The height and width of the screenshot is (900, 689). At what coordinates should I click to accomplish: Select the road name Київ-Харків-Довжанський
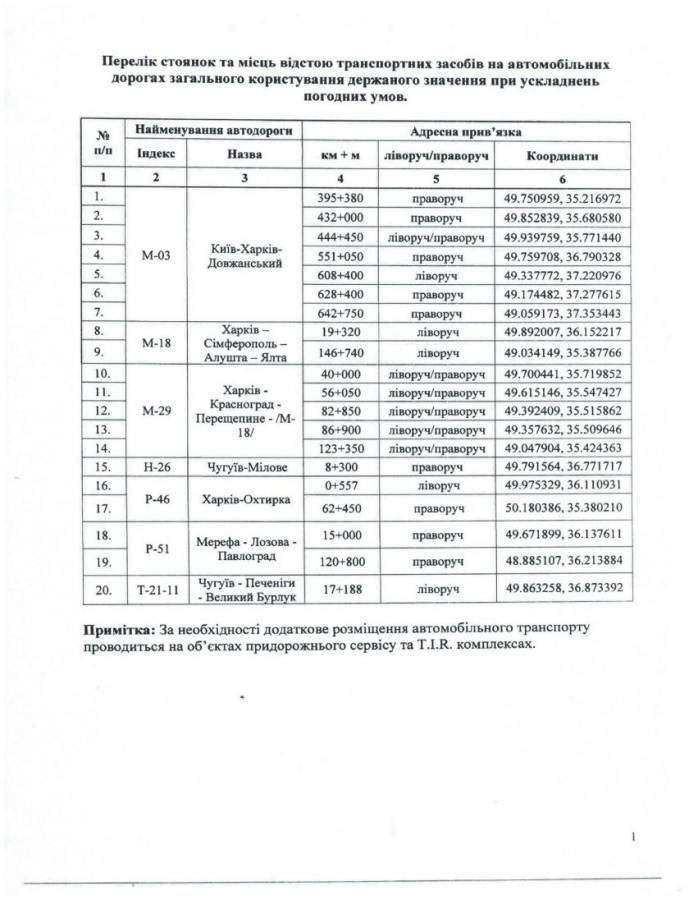click(244, 255)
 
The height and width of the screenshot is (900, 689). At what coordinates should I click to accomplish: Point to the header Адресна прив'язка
click(465, 131)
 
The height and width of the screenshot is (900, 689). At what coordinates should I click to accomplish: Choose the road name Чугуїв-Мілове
click(244, 465)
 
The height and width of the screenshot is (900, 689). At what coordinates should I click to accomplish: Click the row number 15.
click(101, 465)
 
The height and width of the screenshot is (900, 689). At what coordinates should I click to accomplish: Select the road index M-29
click(154, 409)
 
